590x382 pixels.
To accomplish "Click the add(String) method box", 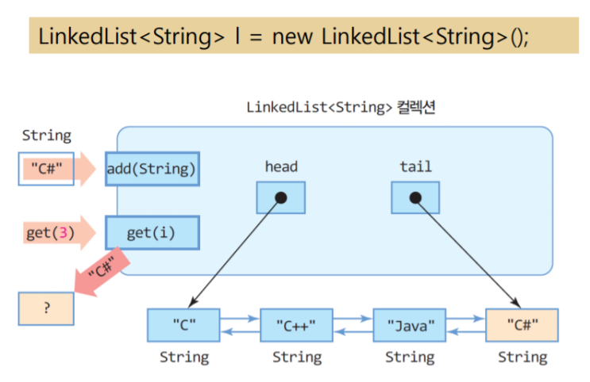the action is click(152, 169).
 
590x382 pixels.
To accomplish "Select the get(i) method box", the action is click(152, 232).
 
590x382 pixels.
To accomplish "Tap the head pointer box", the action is click(280, 197).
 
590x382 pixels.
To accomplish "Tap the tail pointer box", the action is click(415, 197).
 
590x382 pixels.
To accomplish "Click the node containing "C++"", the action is click(296, 325).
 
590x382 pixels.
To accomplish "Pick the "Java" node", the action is click(410, 325).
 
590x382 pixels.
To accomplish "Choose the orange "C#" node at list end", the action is click(522, 325).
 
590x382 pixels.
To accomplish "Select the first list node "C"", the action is click(183, 325).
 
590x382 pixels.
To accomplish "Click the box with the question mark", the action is click(46, 308).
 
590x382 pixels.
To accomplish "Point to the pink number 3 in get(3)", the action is click(64, 233).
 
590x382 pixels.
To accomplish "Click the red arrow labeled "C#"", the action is click(102, 271).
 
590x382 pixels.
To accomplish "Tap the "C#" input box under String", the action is click(46, 169).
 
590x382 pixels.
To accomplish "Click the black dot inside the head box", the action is click(280, 197).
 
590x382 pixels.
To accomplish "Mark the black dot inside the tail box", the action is click(415, 197).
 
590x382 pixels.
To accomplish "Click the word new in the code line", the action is click(292, 37).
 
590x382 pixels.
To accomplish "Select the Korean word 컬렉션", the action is click(416, 108).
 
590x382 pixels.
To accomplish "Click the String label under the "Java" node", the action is click(410, 357).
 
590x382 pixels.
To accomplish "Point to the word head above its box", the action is click(281, 166).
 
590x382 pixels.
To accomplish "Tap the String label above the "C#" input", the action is click(47, 136).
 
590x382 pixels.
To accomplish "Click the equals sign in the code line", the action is click(256, 37).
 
